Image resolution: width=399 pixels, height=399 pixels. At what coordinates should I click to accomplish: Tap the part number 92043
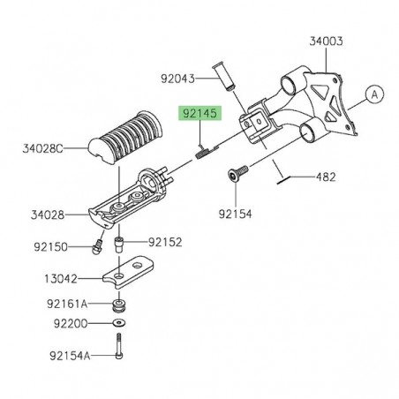179,79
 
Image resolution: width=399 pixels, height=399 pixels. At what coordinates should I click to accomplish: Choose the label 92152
165,240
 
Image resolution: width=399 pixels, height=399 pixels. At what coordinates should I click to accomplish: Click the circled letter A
372,94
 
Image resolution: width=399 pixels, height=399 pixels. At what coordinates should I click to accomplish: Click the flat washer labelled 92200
118,324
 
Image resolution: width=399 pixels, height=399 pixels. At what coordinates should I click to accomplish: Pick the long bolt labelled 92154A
118,349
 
